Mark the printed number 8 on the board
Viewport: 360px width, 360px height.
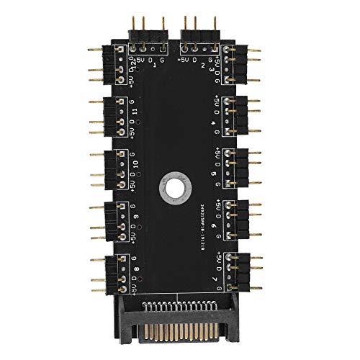(136, 274)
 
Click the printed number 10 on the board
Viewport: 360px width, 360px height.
(137, 170)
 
